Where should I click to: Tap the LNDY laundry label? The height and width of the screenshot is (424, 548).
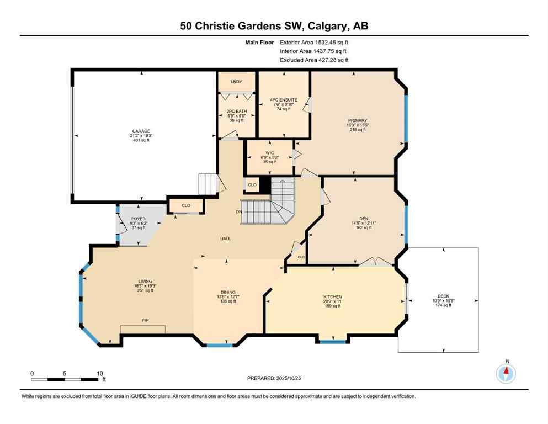pyautogui.click(x=236, y=82)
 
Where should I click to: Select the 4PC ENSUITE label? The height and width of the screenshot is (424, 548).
pyautogui.click(x=284, y=100)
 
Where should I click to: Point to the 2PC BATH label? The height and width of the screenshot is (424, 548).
pyautogui.click(x=236, y=111)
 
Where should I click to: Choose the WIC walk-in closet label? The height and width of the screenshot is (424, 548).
pyautogui.click(x=269, y=153)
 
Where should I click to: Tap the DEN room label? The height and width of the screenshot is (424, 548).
pyautogui.click(x=363, y=218)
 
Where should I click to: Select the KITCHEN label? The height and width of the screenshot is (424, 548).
pyautogui.click(x=333, y=296)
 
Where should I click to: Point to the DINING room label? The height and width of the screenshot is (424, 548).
pyautogui.click(x=228, y=292)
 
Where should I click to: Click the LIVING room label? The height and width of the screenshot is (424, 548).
pyautogui.click(x=146, y=281)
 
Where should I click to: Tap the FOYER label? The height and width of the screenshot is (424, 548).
pyautogui.click(x=138, y=218)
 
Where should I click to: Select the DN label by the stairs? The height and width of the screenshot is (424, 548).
pyautogui.click(x=238, y=211)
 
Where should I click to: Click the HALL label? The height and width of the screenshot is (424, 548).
pyautogui.click(x=225, y=239)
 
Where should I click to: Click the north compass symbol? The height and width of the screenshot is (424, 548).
pyautogui.click(x=506, y=373)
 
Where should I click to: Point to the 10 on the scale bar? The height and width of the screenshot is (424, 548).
pyautogui.click(x=100, y=373)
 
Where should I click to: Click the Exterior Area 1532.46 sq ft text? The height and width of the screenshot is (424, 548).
pyautogui.click(x=314, y=42)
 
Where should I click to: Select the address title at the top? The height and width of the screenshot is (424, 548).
pyautogui.click(x=274, y=26)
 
